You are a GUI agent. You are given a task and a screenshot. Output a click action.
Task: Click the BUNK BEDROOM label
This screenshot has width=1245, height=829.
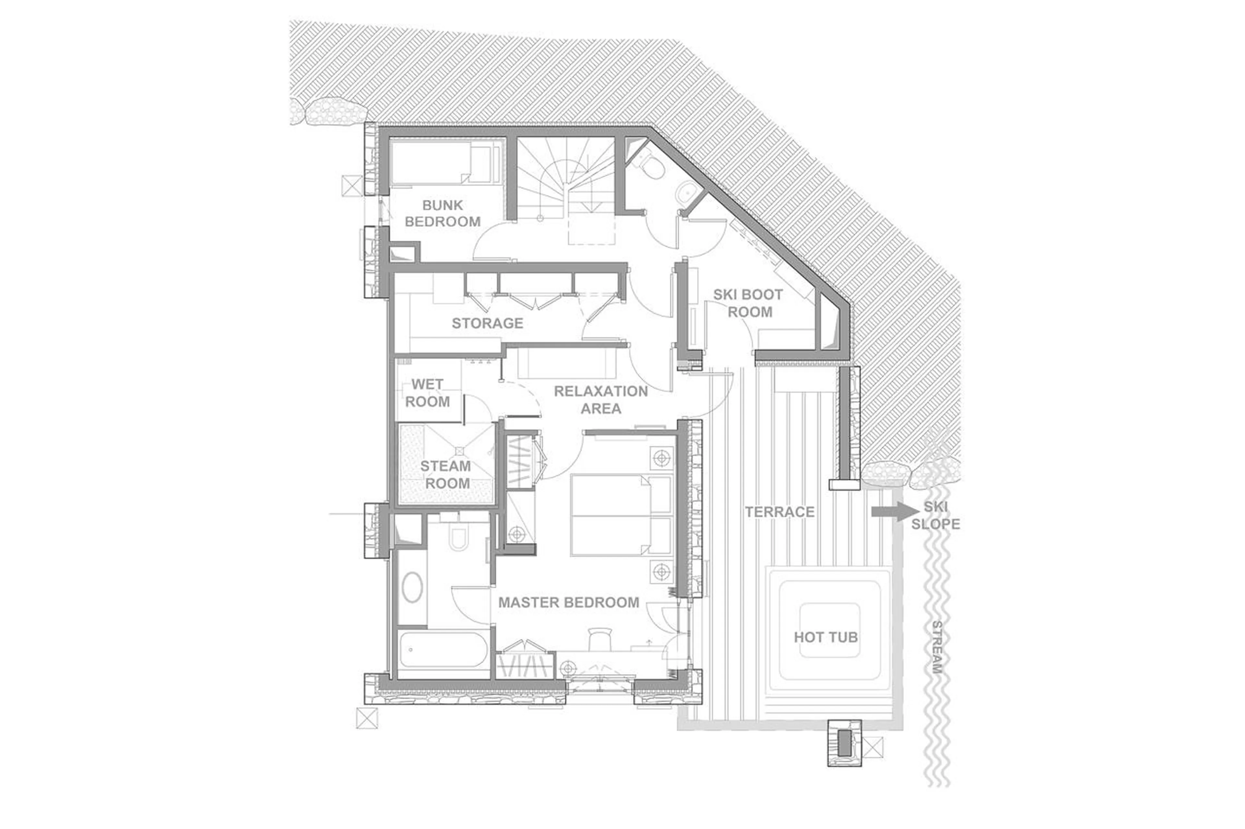point(442,213)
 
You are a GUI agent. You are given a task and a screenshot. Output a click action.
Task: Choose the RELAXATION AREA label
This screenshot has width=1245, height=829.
point(600,400)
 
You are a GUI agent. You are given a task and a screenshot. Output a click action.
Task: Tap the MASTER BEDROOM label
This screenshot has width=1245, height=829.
point(568,602)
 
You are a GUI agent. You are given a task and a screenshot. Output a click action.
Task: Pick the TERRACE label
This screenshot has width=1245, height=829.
point(779,512)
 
